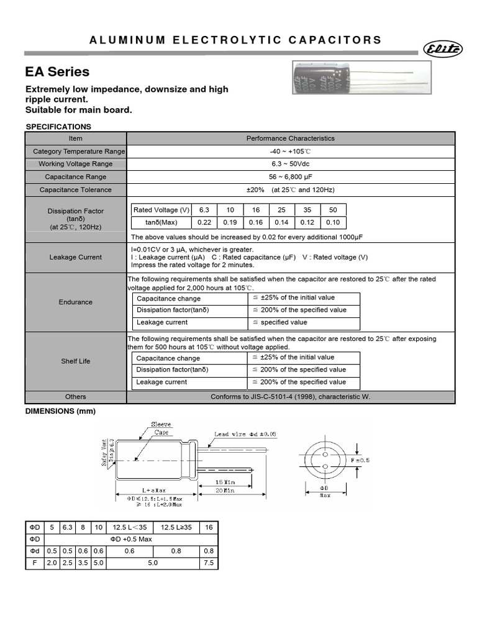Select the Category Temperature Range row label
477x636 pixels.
(76, 152)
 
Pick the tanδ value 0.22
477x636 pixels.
(205, 222)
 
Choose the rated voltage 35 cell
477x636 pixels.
(307, 210)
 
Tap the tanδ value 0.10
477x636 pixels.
(333, 222)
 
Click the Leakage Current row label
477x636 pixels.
(76, 257)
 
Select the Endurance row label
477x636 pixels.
(76, 302)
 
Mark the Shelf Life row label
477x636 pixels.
(76, 361)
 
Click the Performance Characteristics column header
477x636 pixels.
(291, 139)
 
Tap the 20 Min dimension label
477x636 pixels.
(225, 491)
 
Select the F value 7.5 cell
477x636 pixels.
(209, 563)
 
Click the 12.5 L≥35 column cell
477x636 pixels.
(176, 527)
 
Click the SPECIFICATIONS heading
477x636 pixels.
(58, 127)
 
